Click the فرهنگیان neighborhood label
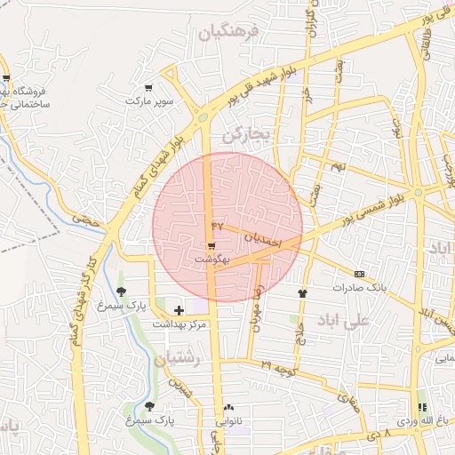227,34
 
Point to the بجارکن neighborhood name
244,136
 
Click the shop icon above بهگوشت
212,246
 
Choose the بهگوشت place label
212,259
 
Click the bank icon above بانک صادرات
359,274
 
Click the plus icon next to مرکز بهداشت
180,309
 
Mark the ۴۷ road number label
219,226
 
